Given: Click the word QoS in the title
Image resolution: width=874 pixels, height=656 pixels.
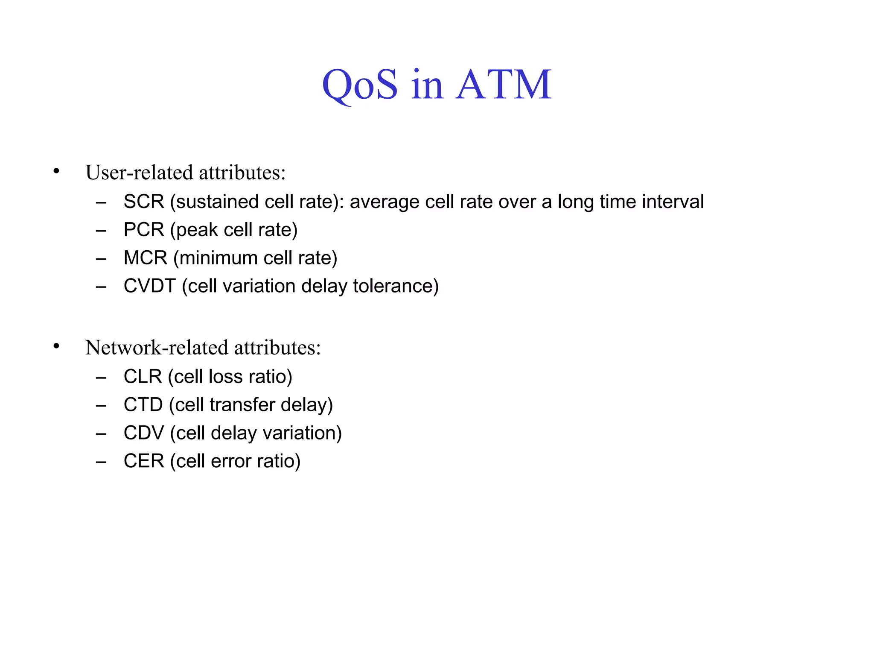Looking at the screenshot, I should (x=360, y=85).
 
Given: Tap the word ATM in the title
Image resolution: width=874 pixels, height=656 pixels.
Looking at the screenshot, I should (x=504, y=85).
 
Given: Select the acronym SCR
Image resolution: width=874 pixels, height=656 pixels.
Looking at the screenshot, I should (x=143, y=202).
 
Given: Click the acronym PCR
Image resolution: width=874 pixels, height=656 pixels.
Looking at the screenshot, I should (x=143, y=230).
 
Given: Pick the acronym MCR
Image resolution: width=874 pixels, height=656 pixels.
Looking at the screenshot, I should (x=145, y=258).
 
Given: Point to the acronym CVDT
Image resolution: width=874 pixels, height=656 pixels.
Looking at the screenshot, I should (x=149, y=286).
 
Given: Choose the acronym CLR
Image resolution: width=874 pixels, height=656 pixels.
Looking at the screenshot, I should (x=143, y=377).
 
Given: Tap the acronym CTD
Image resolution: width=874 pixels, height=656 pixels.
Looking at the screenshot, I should (x=143, y=405).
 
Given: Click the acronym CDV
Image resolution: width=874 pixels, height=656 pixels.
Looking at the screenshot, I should (x=143, y=433).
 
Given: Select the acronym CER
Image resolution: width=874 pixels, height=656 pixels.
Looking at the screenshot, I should (x=143, y=461).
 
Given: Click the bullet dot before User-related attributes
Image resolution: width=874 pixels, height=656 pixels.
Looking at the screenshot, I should (x=56, y=172).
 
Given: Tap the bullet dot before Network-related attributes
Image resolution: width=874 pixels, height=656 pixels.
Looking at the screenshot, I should (x=56, y=346).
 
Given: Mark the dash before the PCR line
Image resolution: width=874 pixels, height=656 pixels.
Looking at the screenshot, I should (x=101, y=231).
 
